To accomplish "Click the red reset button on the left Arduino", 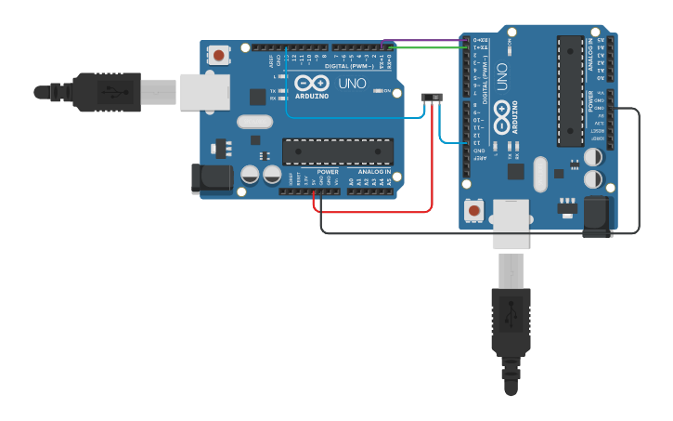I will pos(218,55).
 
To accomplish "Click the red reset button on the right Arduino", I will pos(474,212).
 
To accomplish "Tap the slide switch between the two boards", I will pos(432,98).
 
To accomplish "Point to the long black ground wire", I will pos(483,232).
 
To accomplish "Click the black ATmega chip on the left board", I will pos(338,151).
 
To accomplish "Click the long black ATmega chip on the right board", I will pos(570,90).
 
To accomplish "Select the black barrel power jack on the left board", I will pos(211,179).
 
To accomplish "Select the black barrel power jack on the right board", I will pos(597,217).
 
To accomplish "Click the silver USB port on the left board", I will pos(204,92).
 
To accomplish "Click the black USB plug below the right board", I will pos(511,330).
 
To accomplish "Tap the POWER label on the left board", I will pos(328,172).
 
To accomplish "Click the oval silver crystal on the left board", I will pos(254,121).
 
